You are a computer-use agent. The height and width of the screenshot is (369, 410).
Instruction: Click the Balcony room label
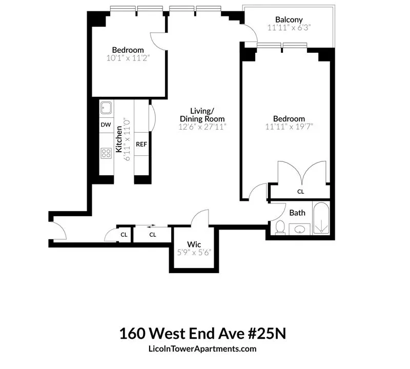point(289,19)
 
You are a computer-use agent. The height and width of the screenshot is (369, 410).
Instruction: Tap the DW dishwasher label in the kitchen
point(106,125)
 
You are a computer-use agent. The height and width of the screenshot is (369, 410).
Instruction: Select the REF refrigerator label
point(141,144)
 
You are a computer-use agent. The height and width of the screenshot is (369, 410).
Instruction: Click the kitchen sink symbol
point(106,108)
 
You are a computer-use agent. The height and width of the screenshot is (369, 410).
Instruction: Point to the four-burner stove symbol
point(106,153)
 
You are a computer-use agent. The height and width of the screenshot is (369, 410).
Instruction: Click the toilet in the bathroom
point(280,227)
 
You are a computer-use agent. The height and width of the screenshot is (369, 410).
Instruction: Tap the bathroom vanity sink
point(300,230)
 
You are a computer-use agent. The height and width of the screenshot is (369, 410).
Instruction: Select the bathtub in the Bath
point(321,218)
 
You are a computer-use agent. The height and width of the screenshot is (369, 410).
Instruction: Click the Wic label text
point(194,244)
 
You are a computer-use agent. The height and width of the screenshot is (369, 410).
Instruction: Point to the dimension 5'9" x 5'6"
point(194,253)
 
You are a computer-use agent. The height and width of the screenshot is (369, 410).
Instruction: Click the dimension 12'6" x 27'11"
point(202,127)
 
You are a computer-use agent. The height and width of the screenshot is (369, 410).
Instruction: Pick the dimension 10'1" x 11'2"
point(128,58)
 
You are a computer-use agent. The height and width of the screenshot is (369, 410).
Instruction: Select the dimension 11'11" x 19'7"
point(289,127)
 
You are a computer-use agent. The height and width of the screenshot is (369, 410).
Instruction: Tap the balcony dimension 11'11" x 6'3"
point(289,28)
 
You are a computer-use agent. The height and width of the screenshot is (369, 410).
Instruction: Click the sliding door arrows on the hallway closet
point(151,225)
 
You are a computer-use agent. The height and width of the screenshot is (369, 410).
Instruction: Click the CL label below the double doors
point(300,192)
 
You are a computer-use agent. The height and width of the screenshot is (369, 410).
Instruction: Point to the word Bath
point(297,213)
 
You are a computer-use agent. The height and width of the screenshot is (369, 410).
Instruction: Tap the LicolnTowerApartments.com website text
point(202,349)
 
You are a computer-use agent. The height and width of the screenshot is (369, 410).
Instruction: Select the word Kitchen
point(119,139)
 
